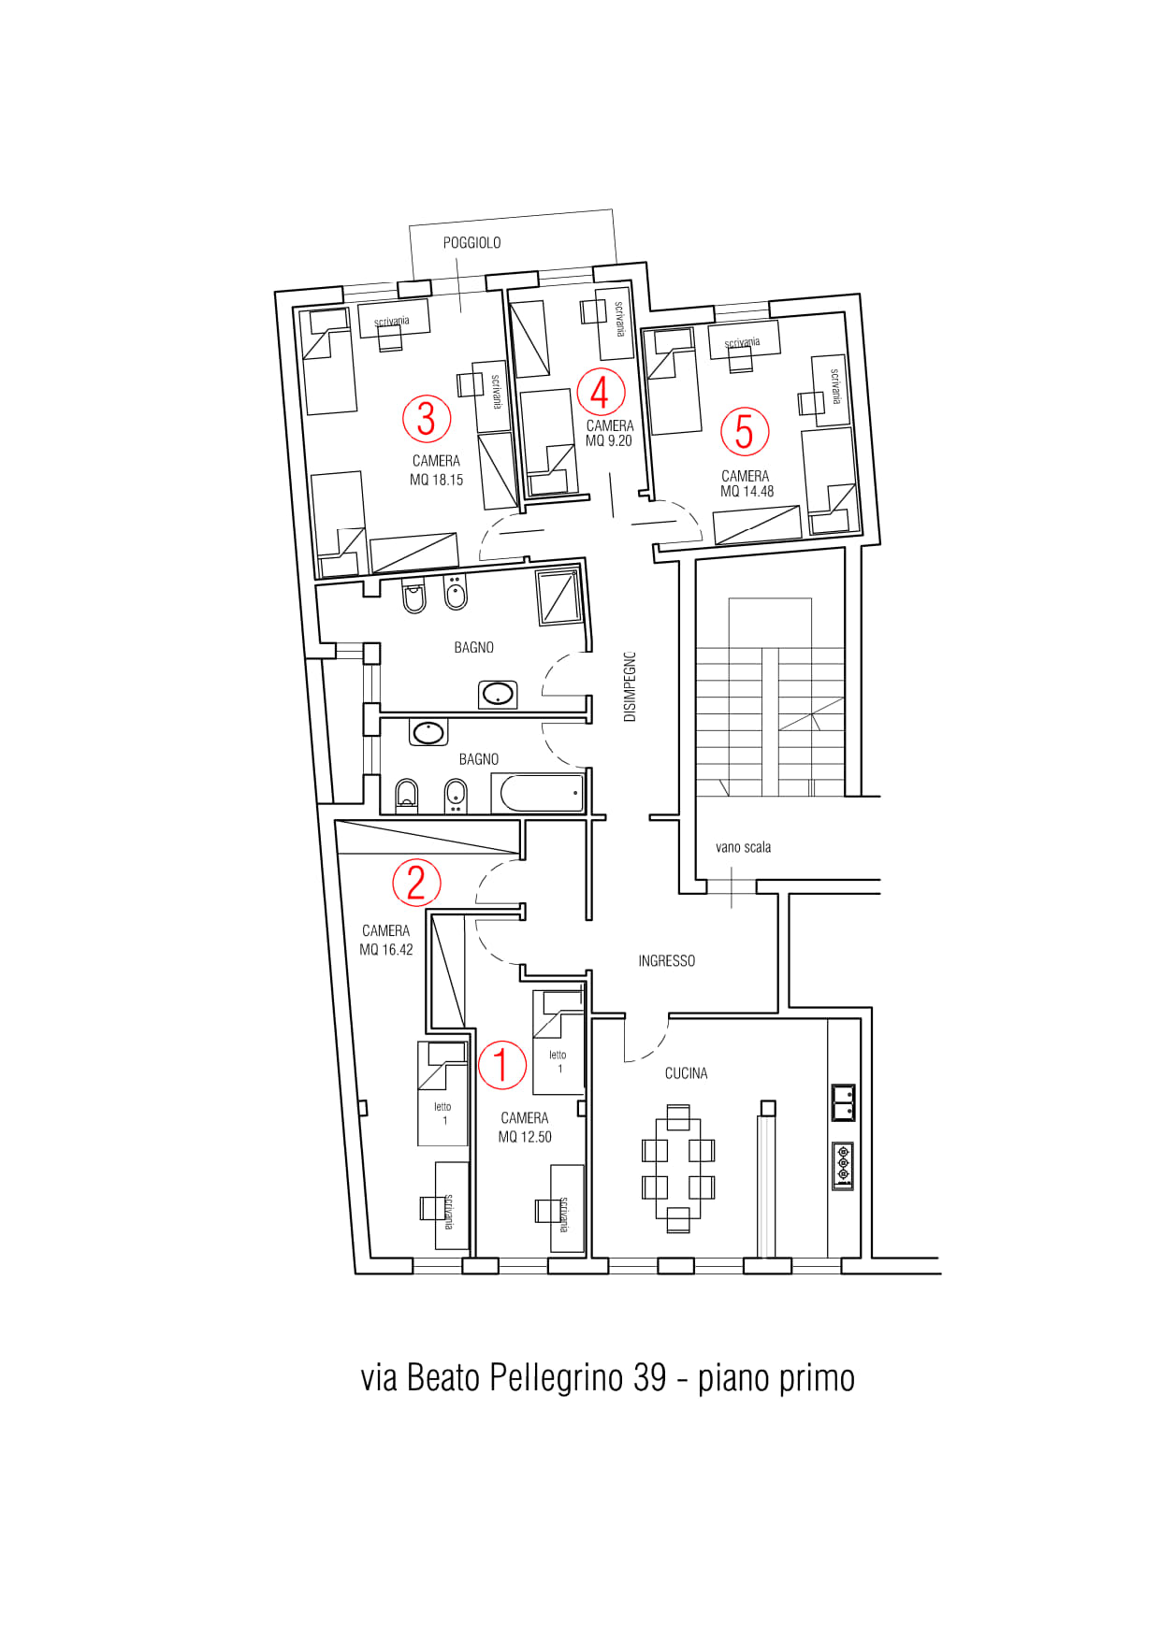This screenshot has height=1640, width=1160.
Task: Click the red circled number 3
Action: click(427, 418)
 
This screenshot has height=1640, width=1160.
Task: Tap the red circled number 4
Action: click(601, 392)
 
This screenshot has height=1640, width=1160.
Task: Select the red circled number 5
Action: click(745, 431)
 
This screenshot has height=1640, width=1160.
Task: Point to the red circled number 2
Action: click(416, 883)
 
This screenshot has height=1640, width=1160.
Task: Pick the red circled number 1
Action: click(502, 1065)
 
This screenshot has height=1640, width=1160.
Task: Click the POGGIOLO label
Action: click(471, 243)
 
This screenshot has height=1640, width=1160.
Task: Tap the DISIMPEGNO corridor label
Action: click(630, 686)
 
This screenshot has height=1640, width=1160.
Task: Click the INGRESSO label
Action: click(667, 960)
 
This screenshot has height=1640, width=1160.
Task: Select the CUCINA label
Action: click(687, 1073)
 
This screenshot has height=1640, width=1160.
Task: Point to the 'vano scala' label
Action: click(744, 847)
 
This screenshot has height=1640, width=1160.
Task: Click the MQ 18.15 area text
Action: click(437, 480)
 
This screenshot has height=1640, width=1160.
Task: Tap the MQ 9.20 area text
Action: click(609, 441)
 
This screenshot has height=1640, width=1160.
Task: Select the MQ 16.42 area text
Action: click(386, 950)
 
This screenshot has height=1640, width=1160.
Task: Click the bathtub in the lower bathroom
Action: click(543, 794)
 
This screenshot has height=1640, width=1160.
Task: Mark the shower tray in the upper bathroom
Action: click(559, 597)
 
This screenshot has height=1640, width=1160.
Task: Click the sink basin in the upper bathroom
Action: click(498, 695)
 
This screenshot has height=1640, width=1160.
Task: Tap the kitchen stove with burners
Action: click(843, 1166)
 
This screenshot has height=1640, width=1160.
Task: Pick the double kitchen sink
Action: click(843, 1102)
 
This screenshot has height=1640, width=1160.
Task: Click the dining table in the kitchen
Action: click(678, 1169)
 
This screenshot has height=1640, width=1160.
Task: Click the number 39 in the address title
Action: click(649, 1377)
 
